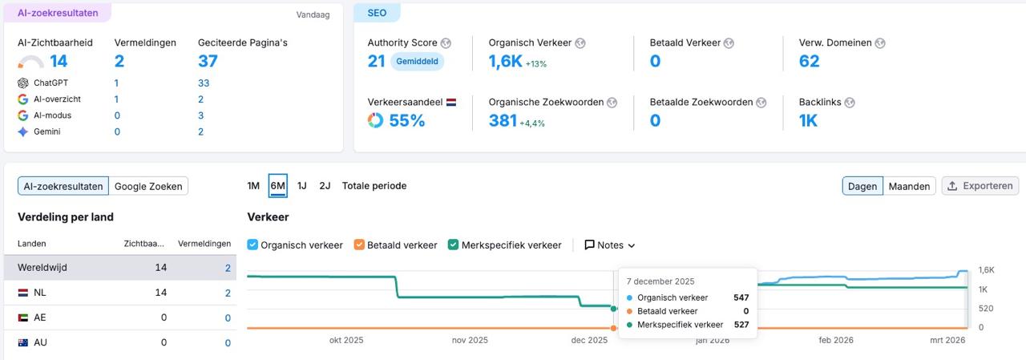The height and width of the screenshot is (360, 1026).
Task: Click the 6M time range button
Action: point(277,185)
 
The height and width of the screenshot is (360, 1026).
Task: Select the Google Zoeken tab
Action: point(148,186)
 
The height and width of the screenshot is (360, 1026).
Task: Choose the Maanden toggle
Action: point(909,186)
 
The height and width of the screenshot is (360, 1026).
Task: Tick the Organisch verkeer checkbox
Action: point(252,245)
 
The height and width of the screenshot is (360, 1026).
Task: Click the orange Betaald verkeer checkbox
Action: point(359,245)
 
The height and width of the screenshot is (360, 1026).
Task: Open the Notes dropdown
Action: point(609,245)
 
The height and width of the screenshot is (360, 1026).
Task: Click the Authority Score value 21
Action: point(377,62)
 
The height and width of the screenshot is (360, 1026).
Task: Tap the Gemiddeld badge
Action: point(417,62)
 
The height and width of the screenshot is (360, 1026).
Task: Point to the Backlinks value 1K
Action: point(808,121)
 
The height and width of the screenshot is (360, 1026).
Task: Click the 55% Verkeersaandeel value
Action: point(406,121)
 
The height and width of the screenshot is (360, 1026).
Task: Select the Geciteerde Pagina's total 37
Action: point(208,62)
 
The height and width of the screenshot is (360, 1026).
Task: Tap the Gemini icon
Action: point(22,131)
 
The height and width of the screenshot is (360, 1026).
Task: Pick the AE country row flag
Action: point(22,318)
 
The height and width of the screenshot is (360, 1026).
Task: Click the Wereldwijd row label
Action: point(42,268)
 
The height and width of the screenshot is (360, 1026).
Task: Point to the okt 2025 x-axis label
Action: point(346,340)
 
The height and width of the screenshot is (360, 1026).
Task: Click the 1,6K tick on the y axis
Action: point(987,270)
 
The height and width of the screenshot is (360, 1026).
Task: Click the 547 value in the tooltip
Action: point(741,297)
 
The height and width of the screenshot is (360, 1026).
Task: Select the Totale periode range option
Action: point(374,185)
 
